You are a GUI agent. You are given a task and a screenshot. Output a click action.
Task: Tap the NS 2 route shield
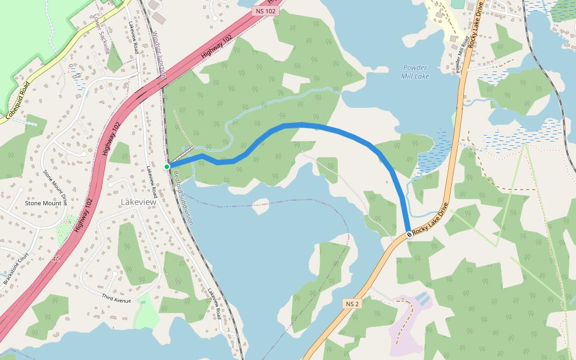pyautogui.click(x=352, y=304)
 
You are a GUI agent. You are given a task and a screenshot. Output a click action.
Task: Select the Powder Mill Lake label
pyautogui.click(x=415, y=72)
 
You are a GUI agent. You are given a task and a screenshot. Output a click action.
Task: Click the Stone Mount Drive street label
pyautogui.click(x=55, y=188)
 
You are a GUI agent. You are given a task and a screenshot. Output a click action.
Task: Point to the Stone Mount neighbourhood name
pyautogui.click(x=43, y=203)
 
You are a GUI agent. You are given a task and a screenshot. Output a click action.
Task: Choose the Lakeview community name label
pyautogui.click(x=138, y=202)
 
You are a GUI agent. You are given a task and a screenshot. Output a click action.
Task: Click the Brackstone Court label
pyautogui.click(x=16, y=272)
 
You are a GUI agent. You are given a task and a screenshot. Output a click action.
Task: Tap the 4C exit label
pyautogui.click(x=56, y=259)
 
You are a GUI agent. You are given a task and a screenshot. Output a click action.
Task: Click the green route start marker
pyautogui.click(x=167, y=166)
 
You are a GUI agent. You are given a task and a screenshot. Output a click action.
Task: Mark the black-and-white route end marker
pyautogui.click(x=409, y=234)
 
